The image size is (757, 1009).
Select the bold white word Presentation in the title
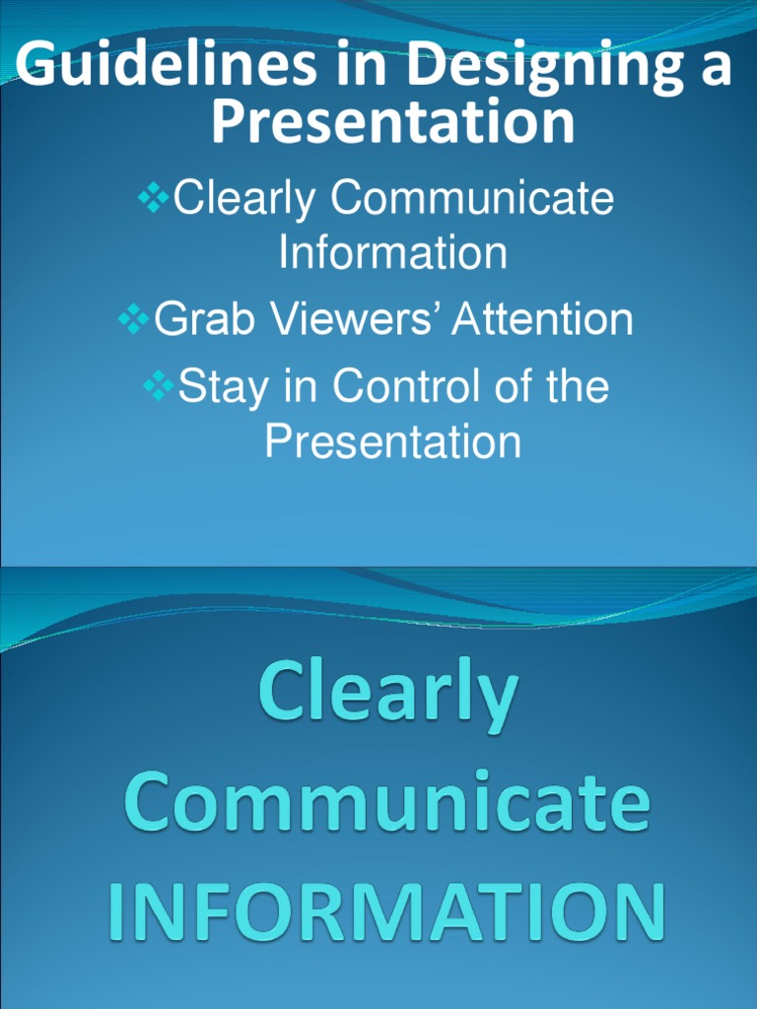pyautogui.click(x=392, y=122)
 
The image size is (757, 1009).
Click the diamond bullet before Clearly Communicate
pyautogui.click(x=154, y=199)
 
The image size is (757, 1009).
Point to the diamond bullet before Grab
pyautogui.click(x=135, y=319)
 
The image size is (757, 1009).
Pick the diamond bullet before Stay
pyautogui.click(x=159, y=385)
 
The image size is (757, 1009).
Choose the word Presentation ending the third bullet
pyautogui.click(x=392, y=441)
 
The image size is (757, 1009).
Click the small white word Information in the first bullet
pyautogui.click(x=392, y=253)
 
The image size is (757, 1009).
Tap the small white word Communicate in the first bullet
pyautogui.click(x=472, y=200)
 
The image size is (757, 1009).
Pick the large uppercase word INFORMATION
pyautogui.click(x=386, y=910)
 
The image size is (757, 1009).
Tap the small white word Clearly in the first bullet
pyautogui.click(x=245, y=201)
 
